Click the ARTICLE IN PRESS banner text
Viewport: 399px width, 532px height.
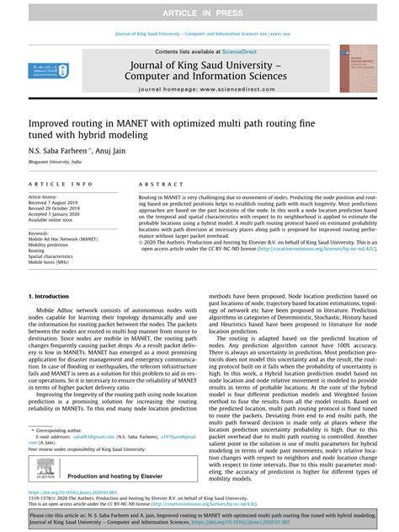(199, 9)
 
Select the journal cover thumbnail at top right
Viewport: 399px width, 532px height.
(357, 69)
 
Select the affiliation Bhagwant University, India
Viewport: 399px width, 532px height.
(53, 159)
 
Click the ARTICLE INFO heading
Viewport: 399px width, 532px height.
(61, 184)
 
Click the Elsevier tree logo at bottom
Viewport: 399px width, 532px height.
(42, 475)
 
